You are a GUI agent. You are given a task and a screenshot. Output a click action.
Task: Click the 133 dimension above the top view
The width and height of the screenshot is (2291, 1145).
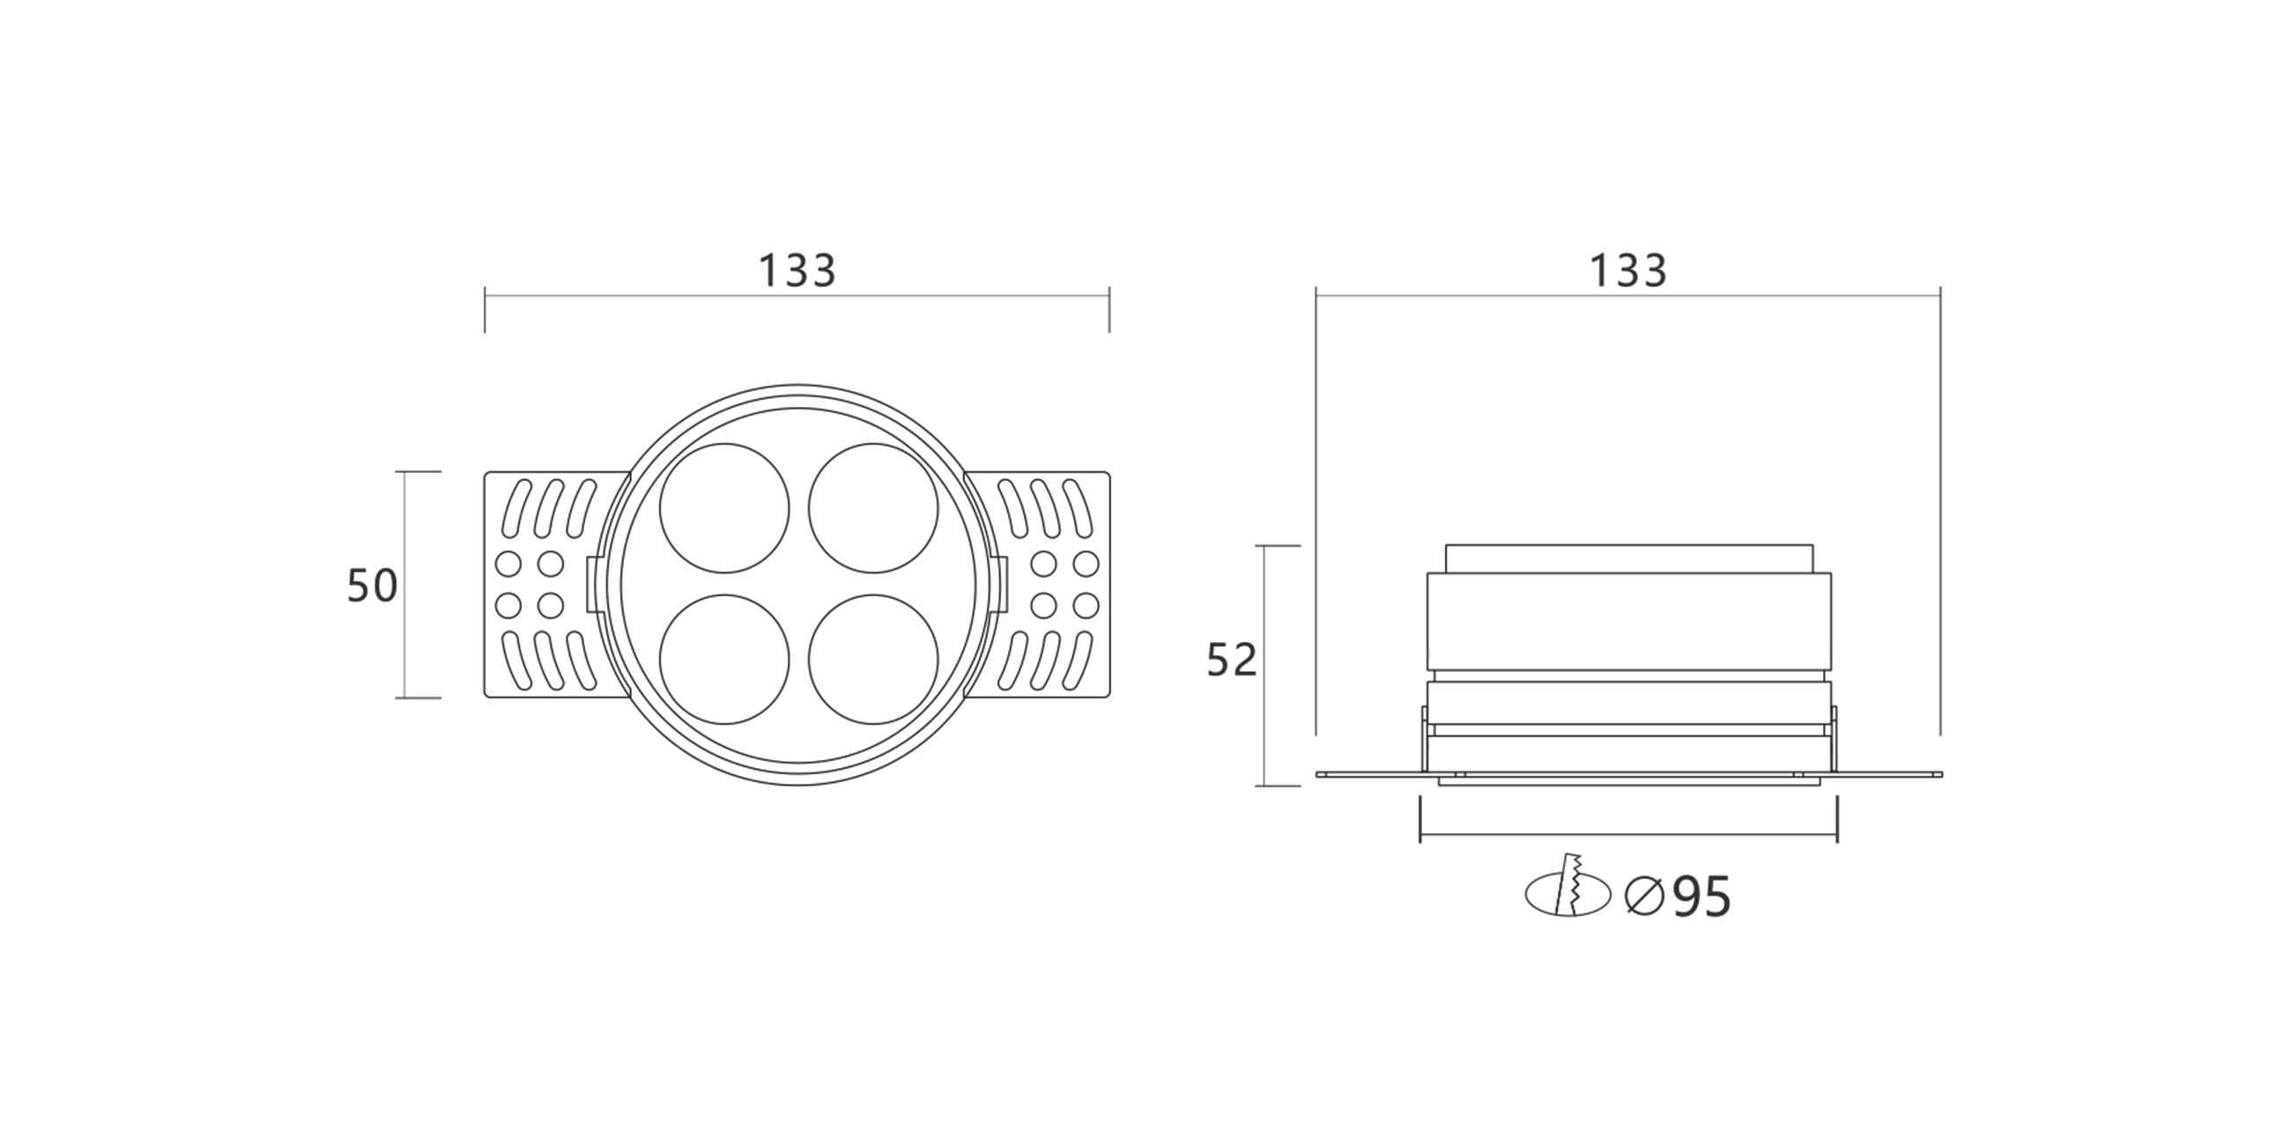797,270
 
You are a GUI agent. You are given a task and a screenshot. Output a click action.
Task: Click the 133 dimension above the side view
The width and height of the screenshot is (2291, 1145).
1627,270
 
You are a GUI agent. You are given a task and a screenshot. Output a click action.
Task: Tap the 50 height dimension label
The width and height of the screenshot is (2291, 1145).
372,587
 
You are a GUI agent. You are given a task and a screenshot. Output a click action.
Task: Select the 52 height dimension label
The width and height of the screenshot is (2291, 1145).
1232,660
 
